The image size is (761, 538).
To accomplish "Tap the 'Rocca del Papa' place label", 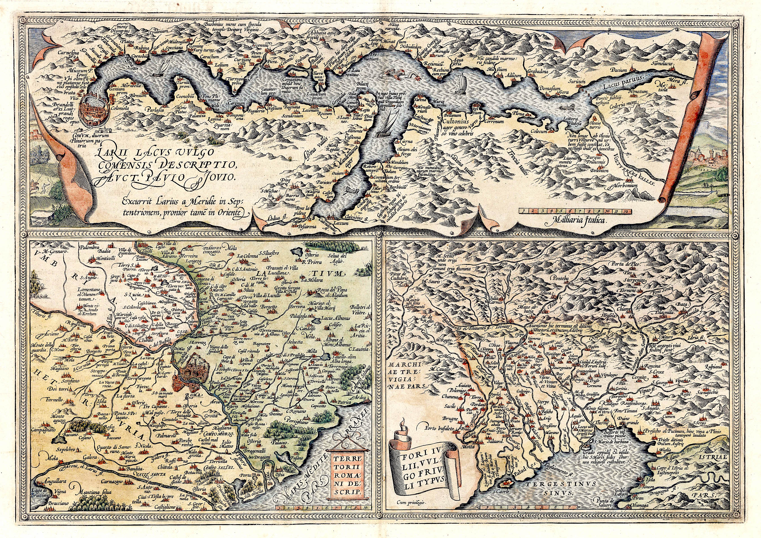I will point(331,291).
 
